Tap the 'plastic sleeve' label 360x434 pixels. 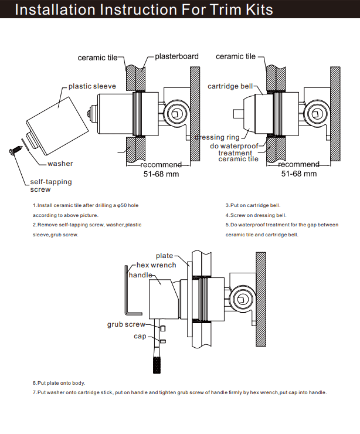pyautogui.click(x=92, y=86)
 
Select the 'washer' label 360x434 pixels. pyautogui.click(x=60, y=164)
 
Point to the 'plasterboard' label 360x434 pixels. pyautogui.click(x=176, y=57)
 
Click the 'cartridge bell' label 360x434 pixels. pyautogui.click(x=230, y=86)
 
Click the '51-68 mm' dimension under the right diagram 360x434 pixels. pyautogui.click(x=299, y=174)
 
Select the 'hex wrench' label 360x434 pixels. pyautogui.click(x=156, y=265)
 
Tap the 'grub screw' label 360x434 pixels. pyautogui.click(x=126, y=324)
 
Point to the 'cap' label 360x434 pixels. pyautogui.click(x=140, y=336)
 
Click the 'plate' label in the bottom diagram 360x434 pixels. pyautogui.click(x=164, y=256)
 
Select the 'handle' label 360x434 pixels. pyautogui.click(x=140, y=274)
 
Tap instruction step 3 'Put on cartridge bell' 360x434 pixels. pyautogui.click(x=253, y=206)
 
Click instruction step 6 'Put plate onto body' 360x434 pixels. pyautogui.click(x=59, y=383)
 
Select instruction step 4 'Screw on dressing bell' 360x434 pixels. pyautogui.click(x=256, y=215)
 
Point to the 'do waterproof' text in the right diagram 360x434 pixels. pyautogui.click(x=234, y=145)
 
